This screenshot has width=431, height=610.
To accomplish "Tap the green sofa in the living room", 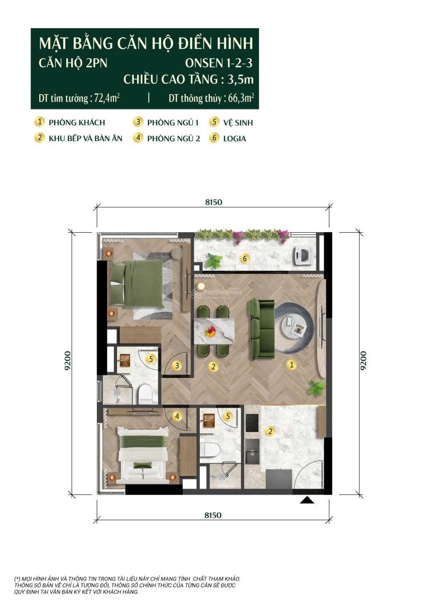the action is (261, 329).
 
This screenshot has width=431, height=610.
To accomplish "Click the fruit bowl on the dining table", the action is (210, 331).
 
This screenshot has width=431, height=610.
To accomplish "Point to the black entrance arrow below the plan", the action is (307, 500).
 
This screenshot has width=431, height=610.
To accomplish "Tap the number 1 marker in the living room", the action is (292, 364).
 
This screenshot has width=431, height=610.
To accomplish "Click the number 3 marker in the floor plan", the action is (177, 366).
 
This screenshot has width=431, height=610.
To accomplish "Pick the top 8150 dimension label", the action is (213, 202).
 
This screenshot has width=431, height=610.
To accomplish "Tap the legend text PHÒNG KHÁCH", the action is (77, 122).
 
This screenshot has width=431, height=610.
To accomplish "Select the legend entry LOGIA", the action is (234, 138).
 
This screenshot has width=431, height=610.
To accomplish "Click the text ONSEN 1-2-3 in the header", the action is (219, 63).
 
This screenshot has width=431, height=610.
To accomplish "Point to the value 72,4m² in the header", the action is (107, 98).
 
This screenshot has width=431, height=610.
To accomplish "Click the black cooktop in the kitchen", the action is (252, 422).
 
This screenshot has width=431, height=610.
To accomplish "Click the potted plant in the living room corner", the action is (316, 388).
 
